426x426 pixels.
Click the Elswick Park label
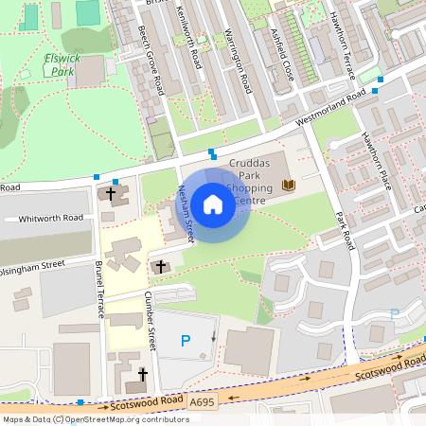(x=62, y=64)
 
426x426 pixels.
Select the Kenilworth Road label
(x=189, y=38)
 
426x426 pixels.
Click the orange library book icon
(x=288, y=185)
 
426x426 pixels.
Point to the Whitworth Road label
(x=50, y=218)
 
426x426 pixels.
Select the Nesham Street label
(x=186, y=210)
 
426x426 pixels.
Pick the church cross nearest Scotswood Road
(x=143, y=375)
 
